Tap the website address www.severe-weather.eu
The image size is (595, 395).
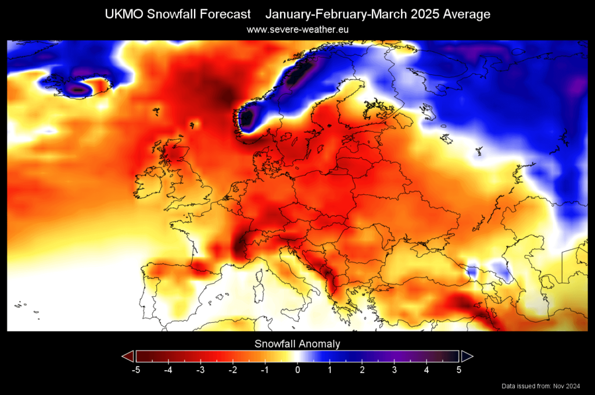(x=297, y=29)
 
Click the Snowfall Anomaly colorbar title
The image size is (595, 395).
(x=297, y=344)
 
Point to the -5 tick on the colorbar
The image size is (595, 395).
(x=135, y=368)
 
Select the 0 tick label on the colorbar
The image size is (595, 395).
(x=297, y=368)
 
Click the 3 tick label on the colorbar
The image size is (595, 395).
(x=394, y=368)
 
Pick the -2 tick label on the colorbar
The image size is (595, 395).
(x=232, y=368)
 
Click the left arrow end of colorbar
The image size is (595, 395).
(x=127, y=356)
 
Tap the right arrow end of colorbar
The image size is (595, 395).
(x=467, y=356)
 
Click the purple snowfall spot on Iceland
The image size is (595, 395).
(x=77, y=89)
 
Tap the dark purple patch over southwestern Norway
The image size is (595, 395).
(x=248, y=118)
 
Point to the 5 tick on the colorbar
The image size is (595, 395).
(x=458, y=368)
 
